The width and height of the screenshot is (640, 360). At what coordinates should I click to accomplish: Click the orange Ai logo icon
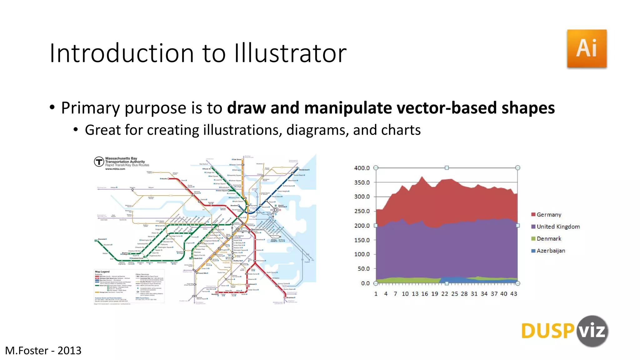coord(587,48)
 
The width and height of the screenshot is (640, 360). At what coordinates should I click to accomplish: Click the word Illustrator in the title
coord(290,53)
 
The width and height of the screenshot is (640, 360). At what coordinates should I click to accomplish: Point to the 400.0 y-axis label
coord(362,168)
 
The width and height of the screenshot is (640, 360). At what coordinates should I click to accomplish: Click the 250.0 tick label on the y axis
coord(362,211)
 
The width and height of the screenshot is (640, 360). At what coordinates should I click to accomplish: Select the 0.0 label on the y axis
coord(365,283)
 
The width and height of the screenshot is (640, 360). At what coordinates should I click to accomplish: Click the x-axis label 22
coord(444,294)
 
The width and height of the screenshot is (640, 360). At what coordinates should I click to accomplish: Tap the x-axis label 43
coord(513,294)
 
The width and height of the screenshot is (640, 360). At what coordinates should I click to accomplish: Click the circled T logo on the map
coord(99,162)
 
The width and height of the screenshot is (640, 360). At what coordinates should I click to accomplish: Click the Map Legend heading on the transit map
coord(102,272)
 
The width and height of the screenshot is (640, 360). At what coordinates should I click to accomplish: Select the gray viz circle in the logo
coord(592,331)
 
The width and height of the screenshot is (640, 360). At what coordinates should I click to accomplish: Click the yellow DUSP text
coord(547,331)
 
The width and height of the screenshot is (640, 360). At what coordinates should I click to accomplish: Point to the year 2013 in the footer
coord(69,351)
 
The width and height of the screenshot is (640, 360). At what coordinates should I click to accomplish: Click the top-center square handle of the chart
coord(447,168)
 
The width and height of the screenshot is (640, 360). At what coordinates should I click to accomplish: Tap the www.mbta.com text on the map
coord(115,169)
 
